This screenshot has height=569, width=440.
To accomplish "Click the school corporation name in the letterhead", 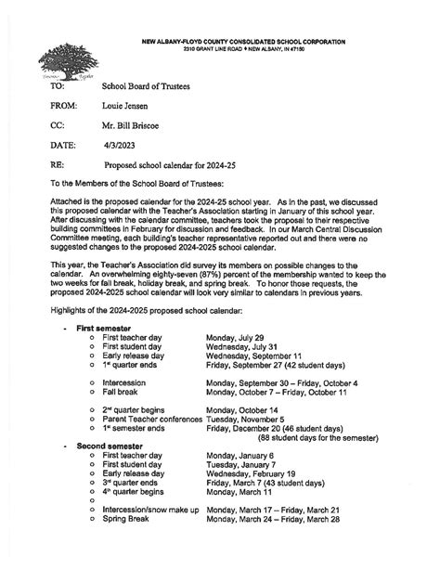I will pos(243,42).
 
